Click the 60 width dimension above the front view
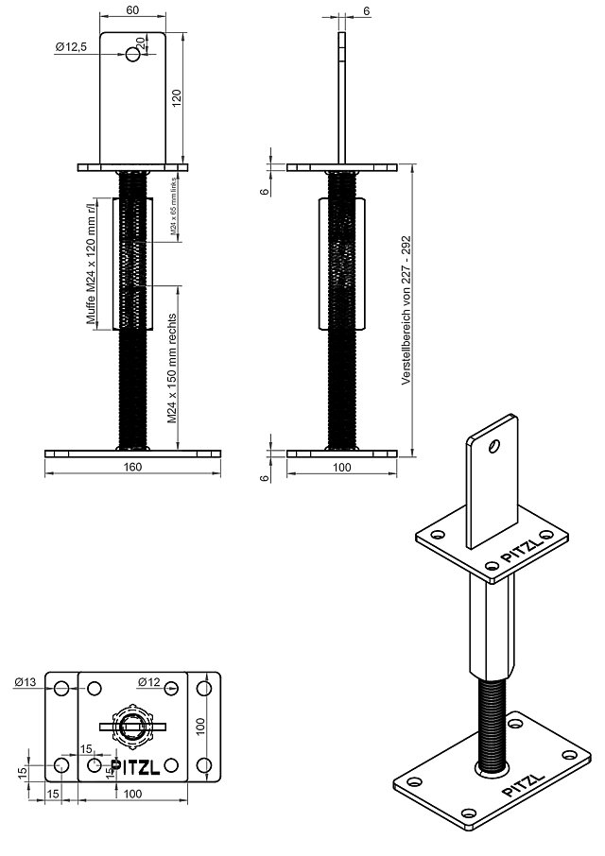(x=132, y=9)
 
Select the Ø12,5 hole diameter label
(x=72, y=46)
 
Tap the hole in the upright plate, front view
(x=133, y=54)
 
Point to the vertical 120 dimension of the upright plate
(x=177, y=99)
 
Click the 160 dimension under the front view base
(x=132, y=466)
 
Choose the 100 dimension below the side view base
(x=341, y=466)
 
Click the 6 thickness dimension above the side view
(x=366, y=10)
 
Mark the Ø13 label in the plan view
(x=26, y=682)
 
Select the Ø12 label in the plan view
(x=148, y=681)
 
